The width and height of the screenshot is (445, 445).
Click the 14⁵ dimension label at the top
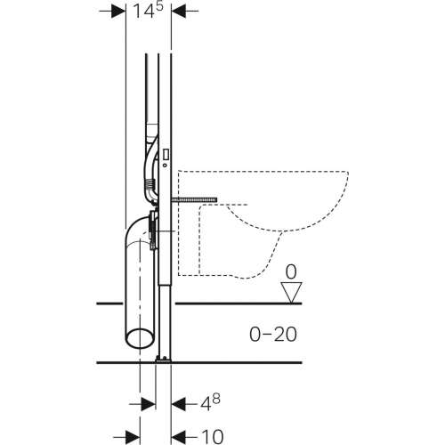pos(148,13)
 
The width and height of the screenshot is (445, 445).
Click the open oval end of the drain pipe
pos(139,336)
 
